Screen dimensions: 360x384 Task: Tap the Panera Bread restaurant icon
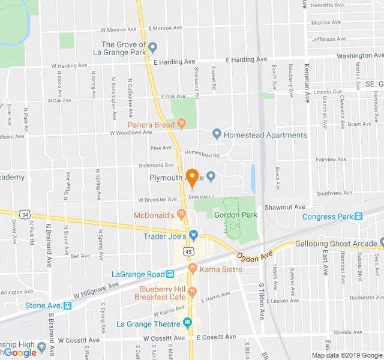tap(181, 124)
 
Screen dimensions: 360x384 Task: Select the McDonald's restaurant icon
tap(181, 214)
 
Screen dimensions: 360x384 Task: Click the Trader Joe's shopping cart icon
tap(193, 235)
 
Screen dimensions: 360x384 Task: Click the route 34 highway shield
tap(25, 214)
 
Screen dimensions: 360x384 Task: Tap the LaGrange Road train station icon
tap(170, 274)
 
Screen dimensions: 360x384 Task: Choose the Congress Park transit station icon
tap(359, 217)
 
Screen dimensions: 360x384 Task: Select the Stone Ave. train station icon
tap(67, 305)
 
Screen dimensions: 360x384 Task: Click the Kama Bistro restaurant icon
tap(193, 269)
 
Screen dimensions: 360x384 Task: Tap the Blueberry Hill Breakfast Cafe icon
tap(193, 292)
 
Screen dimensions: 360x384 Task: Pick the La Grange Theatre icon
tap(187, 324)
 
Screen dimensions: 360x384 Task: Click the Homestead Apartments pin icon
tap(217, 134)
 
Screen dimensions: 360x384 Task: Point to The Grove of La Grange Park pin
tap(153, 47)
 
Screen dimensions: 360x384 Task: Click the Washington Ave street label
tap(360, 56)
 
